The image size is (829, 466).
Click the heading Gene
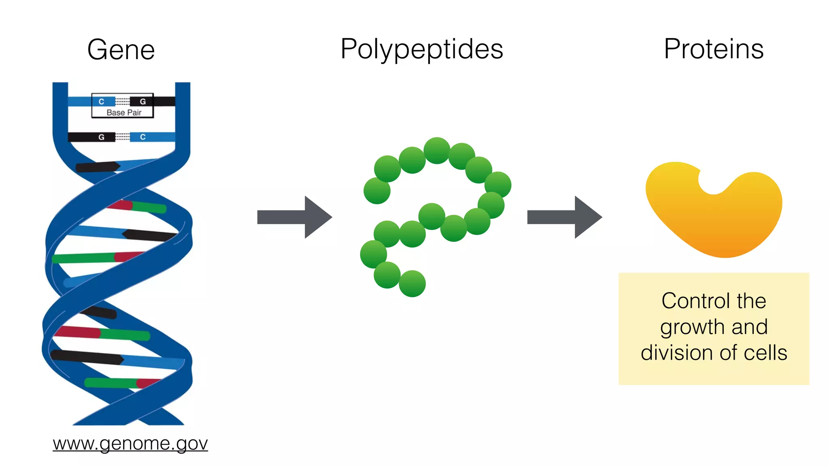click(121, 50)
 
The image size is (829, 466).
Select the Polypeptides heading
click(422, 49)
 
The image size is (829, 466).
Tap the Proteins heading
click(714, 49)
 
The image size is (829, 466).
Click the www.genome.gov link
click(130, 443)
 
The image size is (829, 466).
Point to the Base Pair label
click(124, 112)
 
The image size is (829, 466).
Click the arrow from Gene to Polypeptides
click(294, 217)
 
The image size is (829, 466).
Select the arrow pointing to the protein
click(564, 217)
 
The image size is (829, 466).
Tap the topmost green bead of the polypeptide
click(437, 150)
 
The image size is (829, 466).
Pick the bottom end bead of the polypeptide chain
click(412, 284)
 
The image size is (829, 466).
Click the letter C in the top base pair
click(102, 102)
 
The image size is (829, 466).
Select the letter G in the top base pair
click(142, 102)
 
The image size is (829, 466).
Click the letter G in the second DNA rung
click(101, 137)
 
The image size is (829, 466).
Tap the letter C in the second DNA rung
click(142, 137)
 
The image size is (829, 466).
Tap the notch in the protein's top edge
click(713, 182)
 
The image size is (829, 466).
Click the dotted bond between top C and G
click(122, 101)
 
